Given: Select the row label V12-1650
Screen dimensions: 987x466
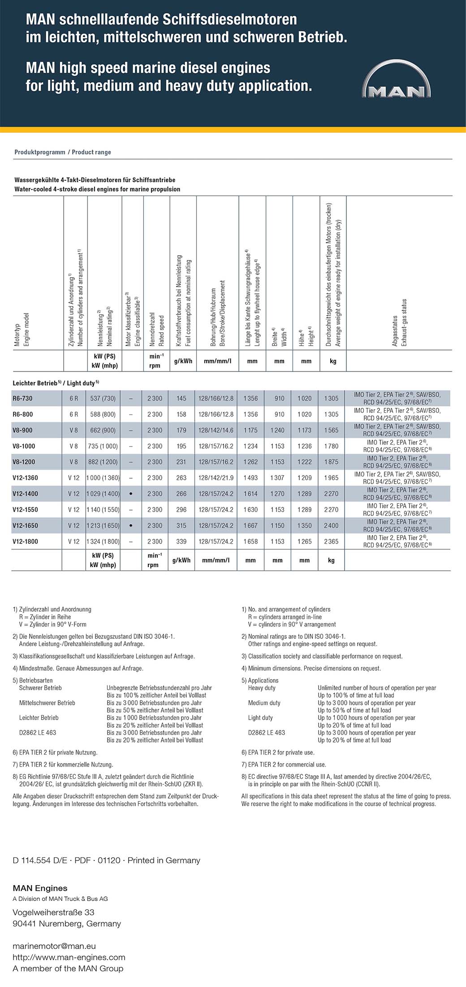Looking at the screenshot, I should point(25,525).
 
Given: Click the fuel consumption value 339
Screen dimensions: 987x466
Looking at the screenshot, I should point(181,542).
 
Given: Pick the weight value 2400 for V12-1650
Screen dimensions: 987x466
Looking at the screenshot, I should point(331,525).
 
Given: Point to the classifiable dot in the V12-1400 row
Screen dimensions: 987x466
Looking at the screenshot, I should point(130,493).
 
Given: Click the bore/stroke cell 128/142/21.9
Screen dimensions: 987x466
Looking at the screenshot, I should point(216,478).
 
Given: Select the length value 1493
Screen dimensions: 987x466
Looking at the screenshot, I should point(250,478).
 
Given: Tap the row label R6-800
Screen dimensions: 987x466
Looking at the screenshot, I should point(22,414).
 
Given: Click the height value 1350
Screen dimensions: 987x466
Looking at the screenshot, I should point(304,525).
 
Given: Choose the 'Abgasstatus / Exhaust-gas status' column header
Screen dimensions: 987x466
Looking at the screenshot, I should point(399,323).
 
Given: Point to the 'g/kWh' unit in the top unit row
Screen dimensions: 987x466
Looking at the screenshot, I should point(183,361).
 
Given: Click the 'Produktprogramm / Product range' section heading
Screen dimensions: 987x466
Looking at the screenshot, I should point(63,152).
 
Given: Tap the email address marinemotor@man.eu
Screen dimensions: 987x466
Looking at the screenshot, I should point(54,946).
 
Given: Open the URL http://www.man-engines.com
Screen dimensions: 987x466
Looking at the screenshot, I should point(69,957).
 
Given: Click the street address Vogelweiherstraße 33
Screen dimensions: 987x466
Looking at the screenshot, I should point(53,912).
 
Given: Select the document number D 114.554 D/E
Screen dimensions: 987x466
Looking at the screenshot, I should point(40,860).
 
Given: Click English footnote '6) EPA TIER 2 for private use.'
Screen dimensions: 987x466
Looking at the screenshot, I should point(278,752).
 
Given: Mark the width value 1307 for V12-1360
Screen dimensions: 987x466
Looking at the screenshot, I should point(277,478).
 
